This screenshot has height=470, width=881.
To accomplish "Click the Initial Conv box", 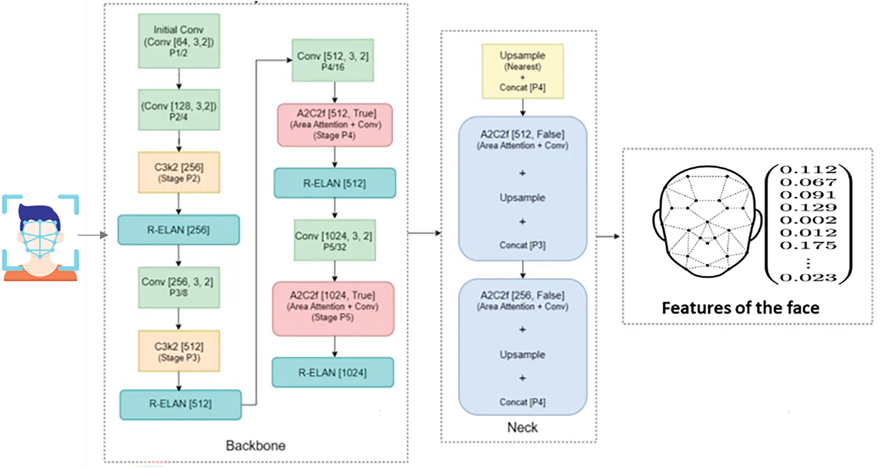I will click(179, 41).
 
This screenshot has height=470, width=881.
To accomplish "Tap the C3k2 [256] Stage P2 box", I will click(179, 172).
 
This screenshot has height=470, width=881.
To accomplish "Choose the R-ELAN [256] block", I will click(179, 230).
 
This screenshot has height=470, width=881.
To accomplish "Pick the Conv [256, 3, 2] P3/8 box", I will click(179, 287).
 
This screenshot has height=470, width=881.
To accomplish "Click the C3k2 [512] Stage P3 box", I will click(179, 351).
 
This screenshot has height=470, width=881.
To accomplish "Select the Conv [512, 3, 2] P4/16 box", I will click(333, 61).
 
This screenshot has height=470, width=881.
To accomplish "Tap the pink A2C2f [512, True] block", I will click(335, 125).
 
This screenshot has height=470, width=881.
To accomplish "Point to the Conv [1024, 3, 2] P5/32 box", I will click(335, 241).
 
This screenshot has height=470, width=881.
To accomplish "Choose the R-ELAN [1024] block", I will click(333, 372).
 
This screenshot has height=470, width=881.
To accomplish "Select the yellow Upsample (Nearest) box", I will click(523, 71).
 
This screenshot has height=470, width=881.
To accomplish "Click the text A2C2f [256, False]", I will click(522, 295).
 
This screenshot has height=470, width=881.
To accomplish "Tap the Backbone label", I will click(255, 445).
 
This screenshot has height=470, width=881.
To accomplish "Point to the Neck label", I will click(522, 427).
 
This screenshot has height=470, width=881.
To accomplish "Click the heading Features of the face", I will click(740, 308).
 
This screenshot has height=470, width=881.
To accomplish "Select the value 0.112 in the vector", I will click(808, 170).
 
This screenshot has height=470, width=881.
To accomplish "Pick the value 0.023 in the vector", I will click(808, 278).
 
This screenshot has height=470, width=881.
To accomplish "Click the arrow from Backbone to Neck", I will click(424, 233).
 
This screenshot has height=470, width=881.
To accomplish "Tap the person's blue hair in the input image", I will click(39, 214).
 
